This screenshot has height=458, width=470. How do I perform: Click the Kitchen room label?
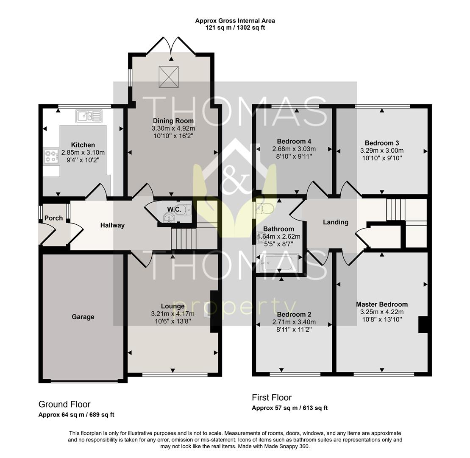83,145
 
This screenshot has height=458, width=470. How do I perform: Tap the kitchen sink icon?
89,116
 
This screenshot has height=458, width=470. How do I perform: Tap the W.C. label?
174,209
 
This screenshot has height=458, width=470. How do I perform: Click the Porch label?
53,218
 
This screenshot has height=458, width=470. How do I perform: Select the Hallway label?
112,225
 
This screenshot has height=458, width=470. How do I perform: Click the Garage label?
83,317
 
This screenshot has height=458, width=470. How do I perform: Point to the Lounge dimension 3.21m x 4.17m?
172,314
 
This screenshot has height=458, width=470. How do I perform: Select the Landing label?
336,222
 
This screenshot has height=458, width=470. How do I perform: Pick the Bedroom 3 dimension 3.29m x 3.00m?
382,151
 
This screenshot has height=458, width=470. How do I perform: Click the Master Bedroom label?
382,304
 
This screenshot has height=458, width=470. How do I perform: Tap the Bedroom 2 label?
294,314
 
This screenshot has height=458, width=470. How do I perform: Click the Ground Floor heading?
64,404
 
